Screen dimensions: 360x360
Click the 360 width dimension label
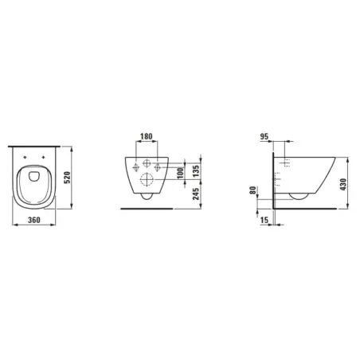(34, 220)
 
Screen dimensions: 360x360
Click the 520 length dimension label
(68, 178)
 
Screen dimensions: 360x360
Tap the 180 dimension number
(147, 136)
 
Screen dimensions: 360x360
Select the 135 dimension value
(195, 171)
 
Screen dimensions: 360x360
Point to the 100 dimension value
(180, 173)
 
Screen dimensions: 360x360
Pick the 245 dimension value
(195, 194)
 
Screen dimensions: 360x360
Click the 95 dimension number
(264, 136)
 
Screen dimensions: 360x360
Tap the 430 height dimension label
(343, 184)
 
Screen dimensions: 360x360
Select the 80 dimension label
(253, 190)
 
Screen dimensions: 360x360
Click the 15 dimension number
(264, 220)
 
